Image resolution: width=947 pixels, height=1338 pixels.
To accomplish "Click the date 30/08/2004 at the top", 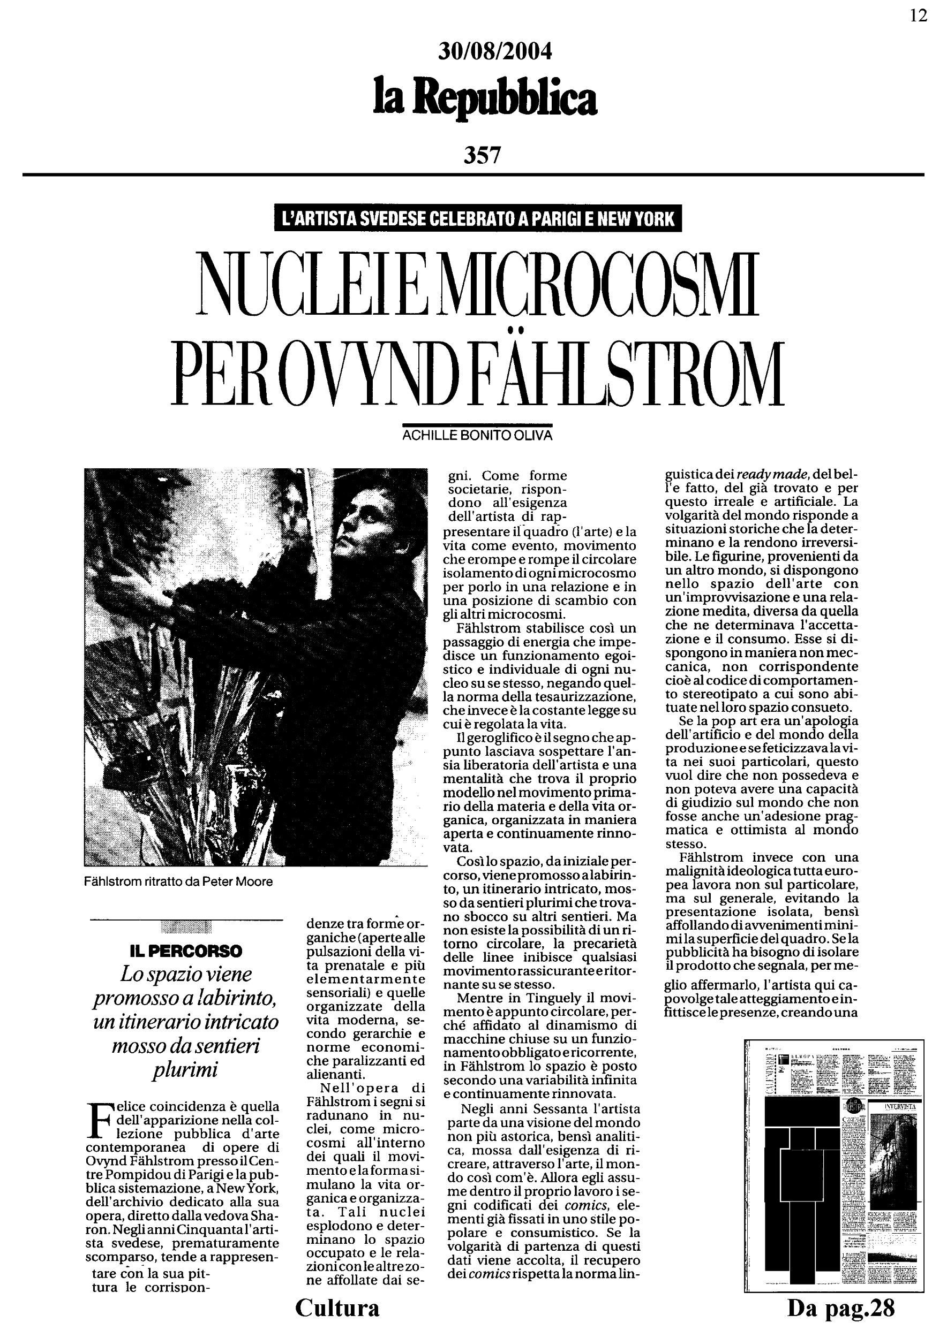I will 494,52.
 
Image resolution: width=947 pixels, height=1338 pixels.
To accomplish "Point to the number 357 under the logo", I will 482,155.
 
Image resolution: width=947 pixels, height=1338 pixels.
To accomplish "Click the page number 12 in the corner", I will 919,16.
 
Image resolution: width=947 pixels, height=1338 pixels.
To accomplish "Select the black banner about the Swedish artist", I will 478,219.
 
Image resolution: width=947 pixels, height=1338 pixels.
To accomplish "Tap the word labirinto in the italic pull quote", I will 236,998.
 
